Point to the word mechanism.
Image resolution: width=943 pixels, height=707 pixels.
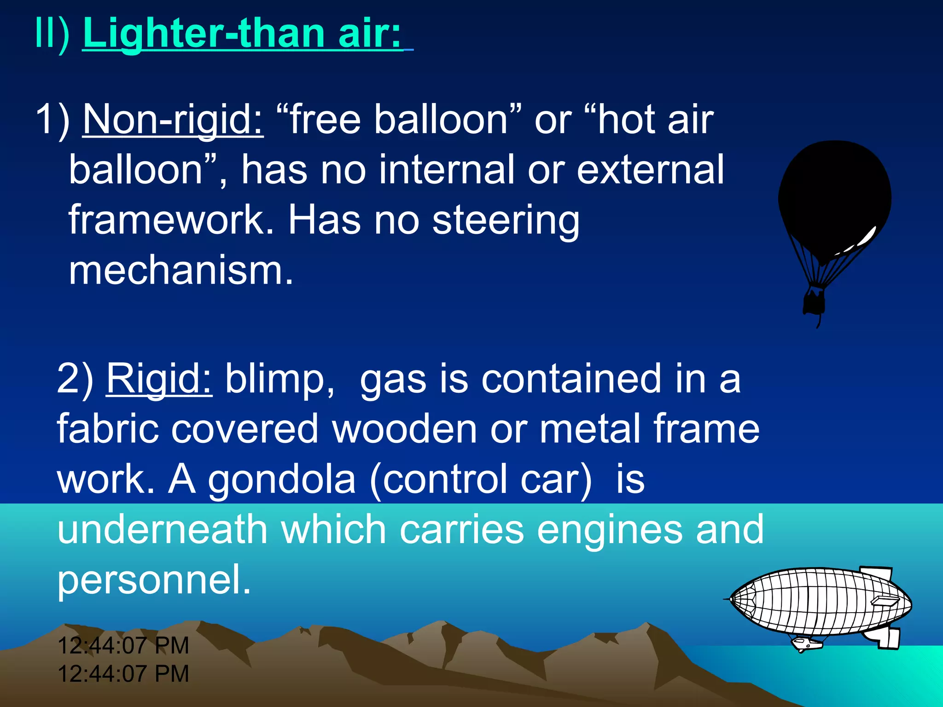coord(180,271)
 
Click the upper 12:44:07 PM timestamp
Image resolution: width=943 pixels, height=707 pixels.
coord(123,645)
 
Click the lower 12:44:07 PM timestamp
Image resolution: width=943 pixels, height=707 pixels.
coord(123,674)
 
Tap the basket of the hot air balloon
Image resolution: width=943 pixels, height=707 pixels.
coord(814,302)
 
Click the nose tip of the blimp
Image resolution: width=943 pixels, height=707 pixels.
coord(728,599)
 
